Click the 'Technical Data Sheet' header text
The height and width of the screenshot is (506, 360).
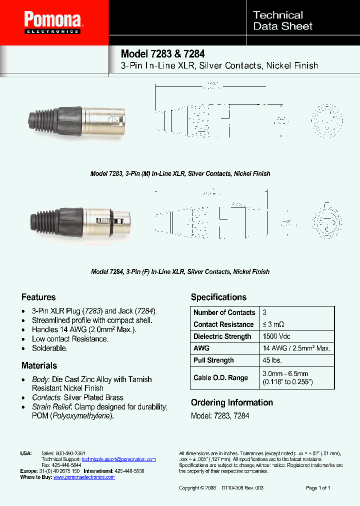[282, 20]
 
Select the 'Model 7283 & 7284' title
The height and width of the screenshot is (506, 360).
[162, 54]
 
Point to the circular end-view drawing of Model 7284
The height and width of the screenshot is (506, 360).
[327, 219]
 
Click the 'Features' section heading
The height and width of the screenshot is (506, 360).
[38, 297]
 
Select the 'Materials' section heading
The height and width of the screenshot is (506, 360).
[39, 365]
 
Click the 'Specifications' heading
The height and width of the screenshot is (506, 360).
[218, 297]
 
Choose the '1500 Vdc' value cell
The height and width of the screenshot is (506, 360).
[276, 336]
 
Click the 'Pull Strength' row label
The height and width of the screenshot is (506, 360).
[213, 360]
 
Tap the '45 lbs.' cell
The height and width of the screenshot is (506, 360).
[272, 360]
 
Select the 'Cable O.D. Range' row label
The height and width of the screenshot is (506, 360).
[220, 377]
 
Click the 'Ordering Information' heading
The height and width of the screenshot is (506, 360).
[231, 402]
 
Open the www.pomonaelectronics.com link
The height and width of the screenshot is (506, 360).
[84, 477]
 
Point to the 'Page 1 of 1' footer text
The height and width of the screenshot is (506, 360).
[317, 487]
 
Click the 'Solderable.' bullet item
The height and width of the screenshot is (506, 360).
[49, 348]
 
